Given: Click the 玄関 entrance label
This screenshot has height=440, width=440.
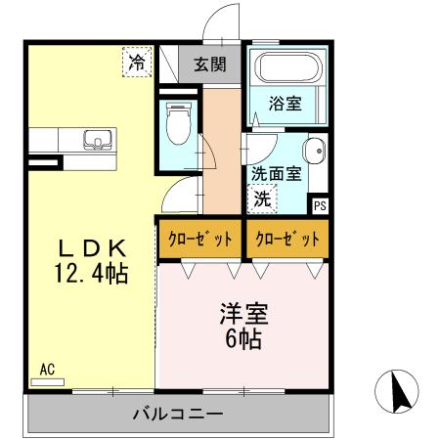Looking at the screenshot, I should [x=208, y=66].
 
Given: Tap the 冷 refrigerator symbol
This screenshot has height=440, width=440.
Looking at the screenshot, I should [x=138, y=63].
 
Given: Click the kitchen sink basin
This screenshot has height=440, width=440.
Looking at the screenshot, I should [x=97, y=140].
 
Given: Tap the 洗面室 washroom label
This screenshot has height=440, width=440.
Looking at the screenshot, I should [x=275, y=174].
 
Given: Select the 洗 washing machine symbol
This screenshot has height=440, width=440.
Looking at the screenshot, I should [x=262, y=197].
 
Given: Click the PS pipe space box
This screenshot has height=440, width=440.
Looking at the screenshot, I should [x=321, y=205].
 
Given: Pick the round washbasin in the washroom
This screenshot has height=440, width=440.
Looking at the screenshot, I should [x=314, y=152].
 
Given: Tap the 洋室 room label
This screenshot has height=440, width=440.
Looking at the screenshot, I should [x=243, y=315].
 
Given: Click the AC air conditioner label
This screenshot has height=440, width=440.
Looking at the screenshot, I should [x=46, y=370].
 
